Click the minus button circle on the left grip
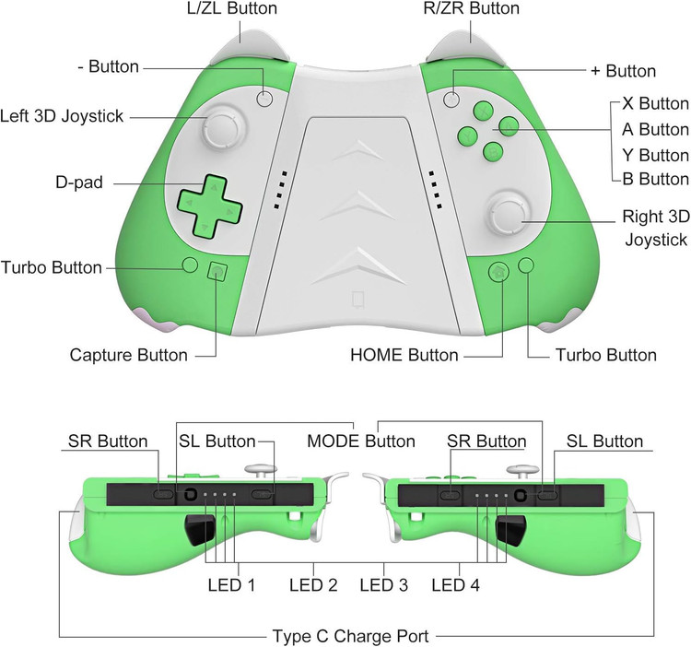(265, 99)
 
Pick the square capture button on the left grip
(217, 272)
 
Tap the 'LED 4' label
(455, 585)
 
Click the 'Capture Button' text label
(129, 355)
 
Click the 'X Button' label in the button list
(655, 103)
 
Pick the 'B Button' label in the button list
(655, 179)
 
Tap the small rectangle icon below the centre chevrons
(358, 300)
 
